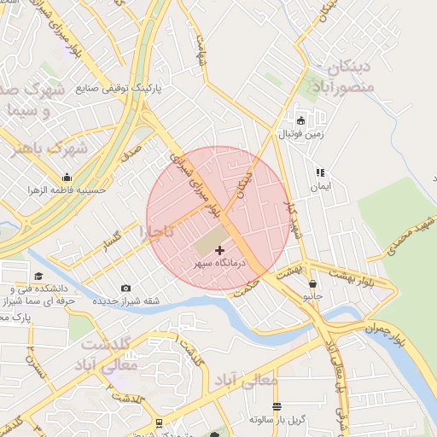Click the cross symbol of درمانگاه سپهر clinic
pos(220,250)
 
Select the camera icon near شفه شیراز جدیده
pos(126,288)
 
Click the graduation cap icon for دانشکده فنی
pos(38,276)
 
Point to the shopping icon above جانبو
pos(313,283)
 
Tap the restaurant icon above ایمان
pos(320,172)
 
